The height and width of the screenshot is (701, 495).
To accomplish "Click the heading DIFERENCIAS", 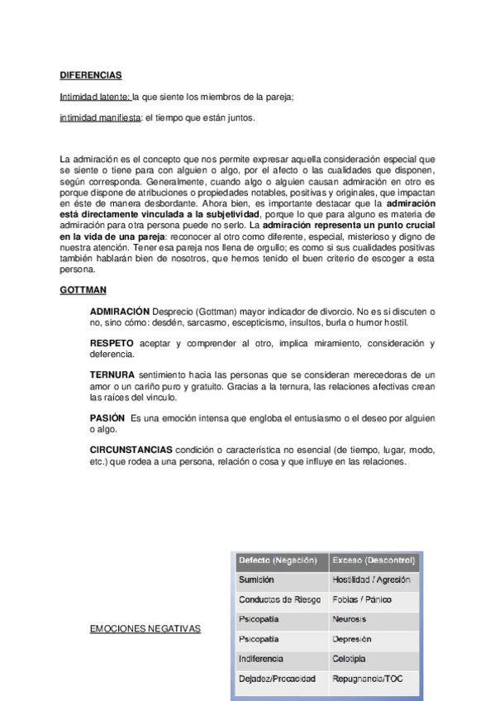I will pyautogui.click(x=91, y=75).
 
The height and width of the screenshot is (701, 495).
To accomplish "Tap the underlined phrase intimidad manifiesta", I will pyautogui.click(x=100, y=118).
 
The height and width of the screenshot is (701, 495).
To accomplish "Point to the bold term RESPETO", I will pyautogui.click(x=112, y=342).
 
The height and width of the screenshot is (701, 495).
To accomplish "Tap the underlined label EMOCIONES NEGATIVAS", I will pyautogui.click(x=145, y=629).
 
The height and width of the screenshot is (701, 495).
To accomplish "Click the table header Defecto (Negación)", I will pyautogui.click(x=278, y=560).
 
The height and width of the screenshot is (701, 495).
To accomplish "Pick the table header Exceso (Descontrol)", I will pyautogui.click(x=373, y=560).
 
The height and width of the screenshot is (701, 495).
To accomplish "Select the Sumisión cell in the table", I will pyautogui.click(x=256, y=580).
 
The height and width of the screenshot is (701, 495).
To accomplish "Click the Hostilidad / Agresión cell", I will pyautogui.click(x=370, y=580).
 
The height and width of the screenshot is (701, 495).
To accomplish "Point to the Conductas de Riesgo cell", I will pyautogui.click(x=277, y=599).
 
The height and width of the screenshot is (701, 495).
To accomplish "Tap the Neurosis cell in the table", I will pyautogui.click(x=349, y=619).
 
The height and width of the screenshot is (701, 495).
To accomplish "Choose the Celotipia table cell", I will pyautogui.click(x=350, y=659).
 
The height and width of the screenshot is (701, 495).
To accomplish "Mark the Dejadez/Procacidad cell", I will pyautogui.click(x=277, y=679).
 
